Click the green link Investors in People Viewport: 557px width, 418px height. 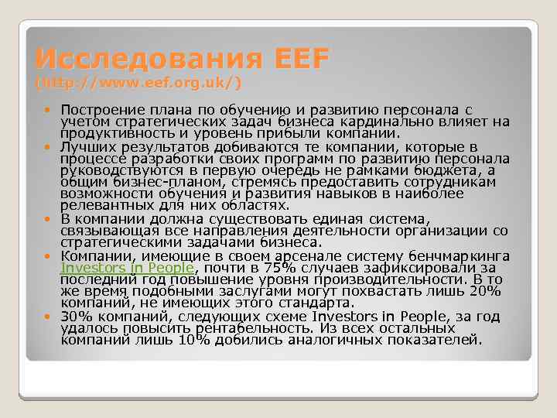pyautogui.click(x=127, y=268)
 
